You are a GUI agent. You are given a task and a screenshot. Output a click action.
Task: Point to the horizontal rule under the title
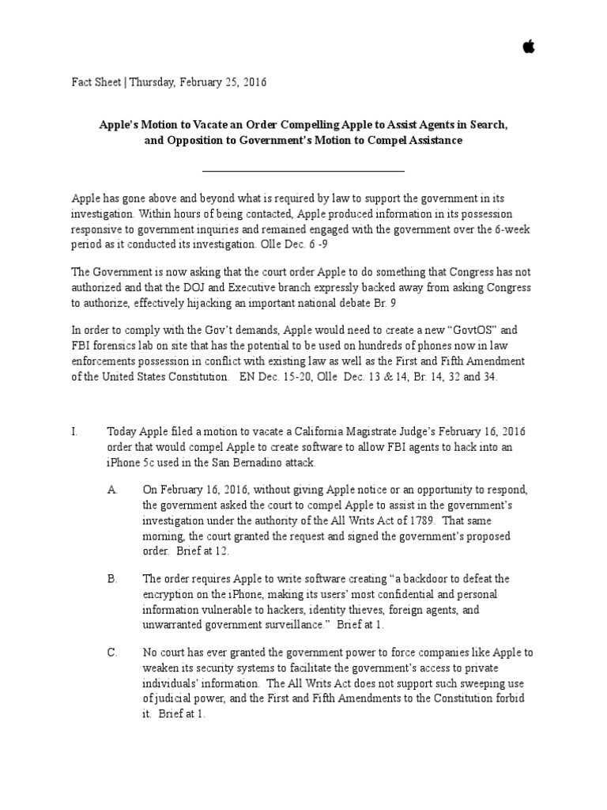coord(303,170)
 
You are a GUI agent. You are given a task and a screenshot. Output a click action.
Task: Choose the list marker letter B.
coord(112,579)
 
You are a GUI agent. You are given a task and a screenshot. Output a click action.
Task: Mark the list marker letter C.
coord(112,653)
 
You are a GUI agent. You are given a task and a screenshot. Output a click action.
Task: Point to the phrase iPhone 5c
coord(133,462)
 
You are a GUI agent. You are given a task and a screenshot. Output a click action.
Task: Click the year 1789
coord(410,520)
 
